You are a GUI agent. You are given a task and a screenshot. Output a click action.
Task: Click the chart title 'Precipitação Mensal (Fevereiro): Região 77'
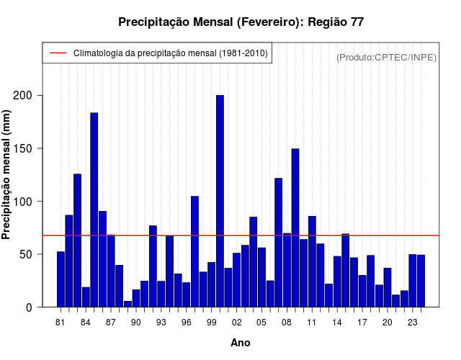click(241, 22)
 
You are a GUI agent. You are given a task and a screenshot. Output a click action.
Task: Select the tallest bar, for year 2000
click(220, 201)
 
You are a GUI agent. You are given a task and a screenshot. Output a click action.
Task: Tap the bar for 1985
click(94, 210)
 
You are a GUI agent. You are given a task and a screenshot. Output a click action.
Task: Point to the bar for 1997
click(194, 251)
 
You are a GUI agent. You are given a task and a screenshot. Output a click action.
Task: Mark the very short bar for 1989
click(127, 304)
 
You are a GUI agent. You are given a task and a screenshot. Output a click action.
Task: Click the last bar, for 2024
click(421, 281)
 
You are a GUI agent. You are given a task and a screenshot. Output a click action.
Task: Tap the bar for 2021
click(395, 300)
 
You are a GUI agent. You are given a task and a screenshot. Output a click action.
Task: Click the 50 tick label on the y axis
click(37, 254)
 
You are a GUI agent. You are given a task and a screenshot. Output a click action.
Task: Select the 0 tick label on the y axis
click(40, 307)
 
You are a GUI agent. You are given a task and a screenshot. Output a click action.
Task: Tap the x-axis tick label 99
click(211, 323)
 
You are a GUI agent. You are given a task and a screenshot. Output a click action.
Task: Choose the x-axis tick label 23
click(412, 323)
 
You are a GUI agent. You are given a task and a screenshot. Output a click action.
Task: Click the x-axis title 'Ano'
click(241, 343)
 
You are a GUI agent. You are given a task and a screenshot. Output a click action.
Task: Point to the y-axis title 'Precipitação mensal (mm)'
click(7, 179)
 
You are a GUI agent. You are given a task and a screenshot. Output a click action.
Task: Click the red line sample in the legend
click(58, 53)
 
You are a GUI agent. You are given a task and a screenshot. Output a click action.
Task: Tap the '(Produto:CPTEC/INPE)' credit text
click(387, 57)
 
